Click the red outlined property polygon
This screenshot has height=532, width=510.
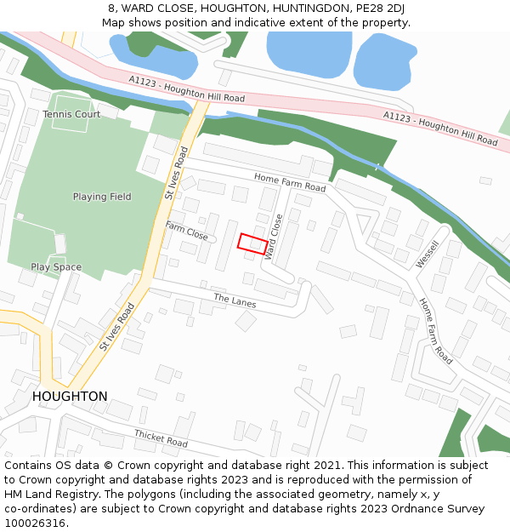(x=251, y=243)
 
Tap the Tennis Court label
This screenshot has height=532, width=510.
(x=71, y=114)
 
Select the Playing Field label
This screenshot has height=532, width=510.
(x=102, y=197)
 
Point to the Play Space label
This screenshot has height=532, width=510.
(x=56, y=267)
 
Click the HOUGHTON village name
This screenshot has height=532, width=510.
(x=70, y=397)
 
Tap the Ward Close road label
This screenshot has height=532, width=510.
(x=274, y=237)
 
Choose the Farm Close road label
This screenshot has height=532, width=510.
(x=187, y=230)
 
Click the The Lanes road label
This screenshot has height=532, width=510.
(x=235, y=300)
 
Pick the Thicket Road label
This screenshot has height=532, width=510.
(x=161, y=438)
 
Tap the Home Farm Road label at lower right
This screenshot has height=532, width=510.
(x=435, y=331)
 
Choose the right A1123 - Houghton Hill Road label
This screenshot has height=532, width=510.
(x=439, y=125)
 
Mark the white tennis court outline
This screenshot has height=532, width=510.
(x=71, y=114)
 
